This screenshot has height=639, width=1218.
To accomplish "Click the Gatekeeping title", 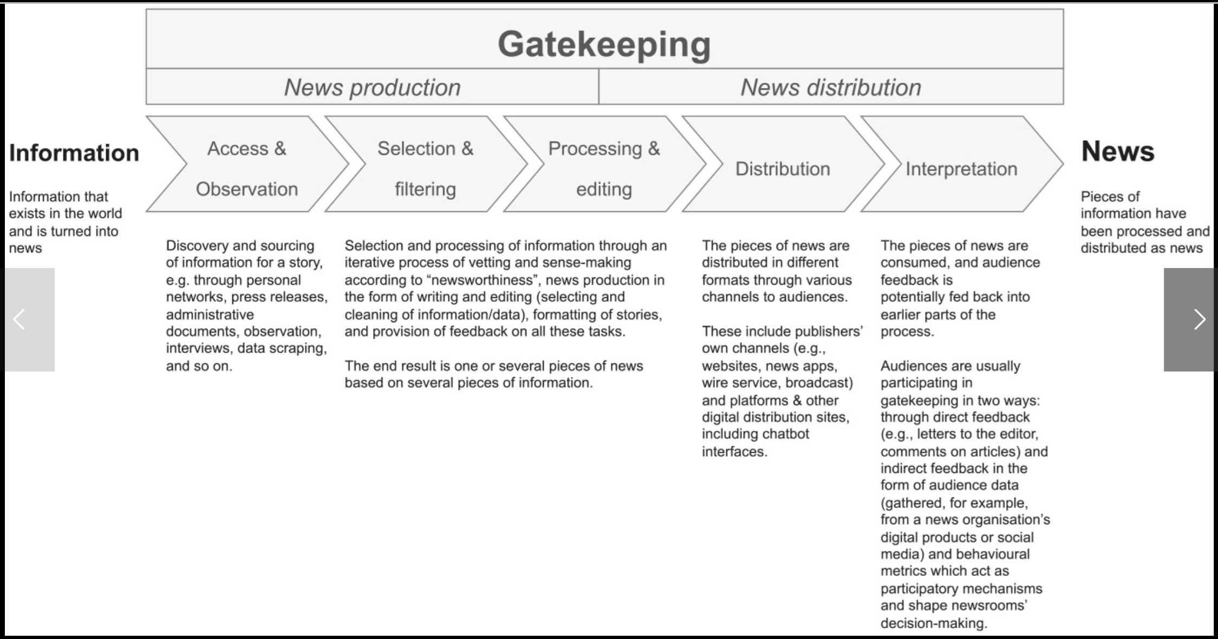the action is [x=604, y=44].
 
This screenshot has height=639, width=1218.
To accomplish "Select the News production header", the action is [x=373, y=87].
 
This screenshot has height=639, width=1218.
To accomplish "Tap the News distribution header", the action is [x=831, y=87].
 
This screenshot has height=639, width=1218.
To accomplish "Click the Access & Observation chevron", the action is [x=247, y=164].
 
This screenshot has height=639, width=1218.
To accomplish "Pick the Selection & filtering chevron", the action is [x=426, y=164].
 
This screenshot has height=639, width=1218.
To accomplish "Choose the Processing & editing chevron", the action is [x=604, y=164].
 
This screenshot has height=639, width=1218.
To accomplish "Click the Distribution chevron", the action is [x=783, y=164].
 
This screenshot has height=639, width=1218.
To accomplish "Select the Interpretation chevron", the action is [x=962, y=164].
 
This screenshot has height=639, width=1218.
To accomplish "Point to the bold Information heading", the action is [x=74, y=153].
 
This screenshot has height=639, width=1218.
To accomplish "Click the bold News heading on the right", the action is [x=1118, y=151].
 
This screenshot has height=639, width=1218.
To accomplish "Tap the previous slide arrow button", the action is [x=29, y=319].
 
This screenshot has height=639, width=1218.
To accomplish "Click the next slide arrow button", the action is [x=1189, y=319].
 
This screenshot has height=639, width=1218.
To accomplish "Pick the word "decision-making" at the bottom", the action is [x=934, y=623].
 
